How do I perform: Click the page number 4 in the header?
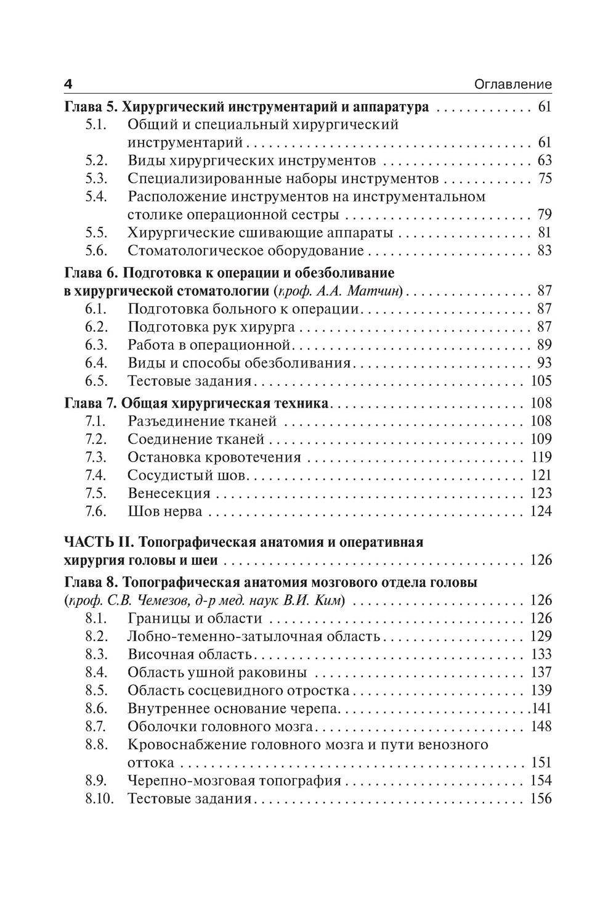pos(68,84)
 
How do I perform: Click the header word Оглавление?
pos(513,84)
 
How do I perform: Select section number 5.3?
pos(96,179)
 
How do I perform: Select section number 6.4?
pos(96,362)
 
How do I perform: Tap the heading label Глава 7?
pos(91,404)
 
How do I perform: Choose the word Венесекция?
pos(169,493)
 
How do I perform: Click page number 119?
pos(541,457)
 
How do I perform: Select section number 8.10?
pos(99,799)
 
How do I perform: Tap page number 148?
pos(541,726)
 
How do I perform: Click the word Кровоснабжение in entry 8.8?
pos(188,745)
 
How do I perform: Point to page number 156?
pos(541,799)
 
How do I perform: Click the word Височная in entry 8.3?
pos(156,655)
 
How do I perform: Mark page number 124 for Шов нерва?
pos(541,511)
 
